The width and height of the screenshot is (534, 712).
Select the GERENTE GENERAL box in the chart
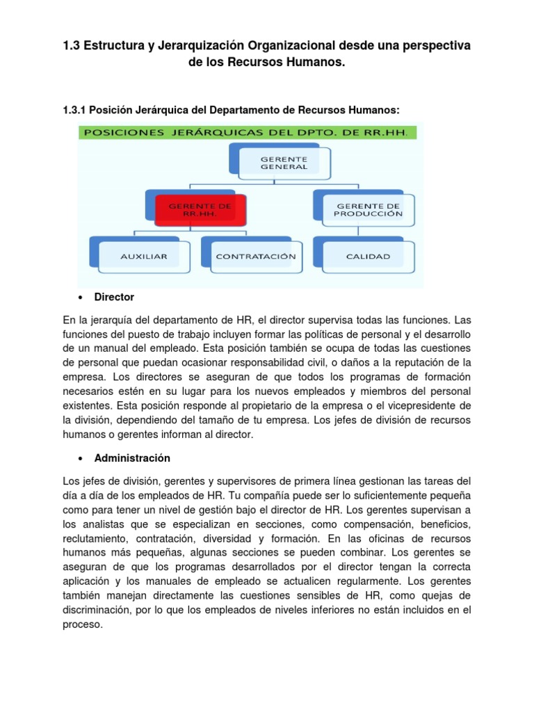[x=273, y=163]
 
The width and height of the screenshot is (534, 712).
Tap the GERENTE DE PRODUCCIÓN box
[x=369, y=209]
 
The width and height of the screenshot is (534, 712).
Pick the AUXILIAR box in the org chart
[x=143, y=257]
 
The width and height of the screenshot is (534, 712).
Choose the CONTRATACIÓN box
[x=255, y=257]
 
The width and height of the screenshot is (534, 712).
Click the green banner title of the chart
[x=250, y=132]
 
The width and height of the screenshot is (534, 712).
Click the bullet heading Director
[x=114, y=297]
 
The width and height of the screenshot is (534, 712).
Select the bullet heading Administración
[x=132, y=458]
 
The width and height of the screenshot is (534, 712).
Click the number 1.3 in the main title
[x=72, y=45]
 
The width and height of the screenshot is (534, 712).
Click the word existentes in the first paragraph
[x=87, y=405]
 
